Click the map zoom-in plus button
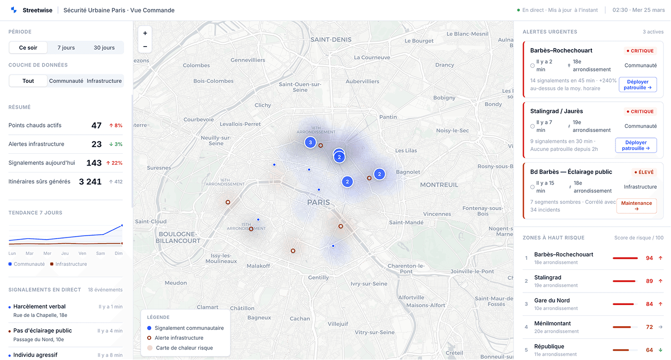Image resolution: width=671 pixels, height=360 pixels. tap(145, 33)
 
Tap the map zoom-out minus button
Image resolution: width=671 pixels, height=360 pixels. tap(145, 47)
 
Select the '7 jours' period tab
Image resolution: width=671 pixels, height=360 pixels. tap(66, 48)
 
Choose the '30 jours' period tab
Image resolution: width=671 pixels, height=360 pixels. tap(104, 48)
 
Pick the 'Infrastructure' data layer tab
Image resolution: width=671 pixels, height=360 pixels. tap(104, 81)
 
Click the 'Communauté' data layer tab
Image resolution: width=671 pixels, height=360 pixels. tap(66, 81)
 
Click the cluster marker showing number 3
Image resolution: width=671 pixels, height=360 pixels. tap(310, 143)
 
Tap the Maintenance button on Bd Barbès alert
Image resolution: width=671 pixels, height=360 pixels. tap(636, 206)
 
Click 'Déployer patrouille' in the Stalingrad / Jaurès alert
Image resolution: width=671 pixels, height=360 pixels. tap(636, 145)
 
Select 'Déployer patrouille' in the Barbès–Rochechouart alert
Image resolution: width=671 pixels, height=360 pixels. tap(638, 85)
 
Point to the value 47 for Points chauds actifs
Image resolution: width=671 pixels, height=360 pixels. tap(96, 125)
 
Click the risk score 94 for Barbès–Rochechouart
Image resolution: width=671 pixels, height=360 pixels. tap(649, 258)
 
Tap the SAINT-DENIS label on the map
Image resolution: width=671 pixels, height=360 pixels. tap(331, 40)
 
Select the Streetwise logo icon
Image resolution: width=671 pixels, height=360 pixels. tap(13, 10)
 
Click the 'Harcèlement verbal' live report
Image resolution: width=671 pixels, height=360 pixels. tap(40, 306)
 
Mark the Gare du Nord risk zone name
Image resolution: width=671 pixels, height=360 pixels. tap(552, 300)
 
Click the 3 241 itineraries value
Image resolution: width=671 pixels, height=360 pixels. tap(90, 182)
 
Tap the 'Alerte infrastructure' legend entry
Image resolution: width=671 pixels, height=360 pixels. tap(179, 338)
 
